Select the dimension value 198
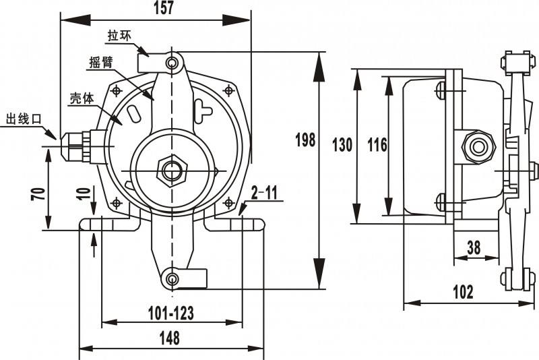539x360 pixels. coord(305,140)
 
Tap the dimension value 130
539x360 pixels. coord(342,144)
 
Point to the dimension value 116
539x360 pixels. coord(377,144)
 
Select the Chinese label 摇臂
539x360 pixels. coord(101,63)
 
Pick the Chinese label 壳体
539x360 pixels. coord(81,97)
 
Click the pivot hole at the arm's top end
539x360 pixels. coord(173,63)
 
